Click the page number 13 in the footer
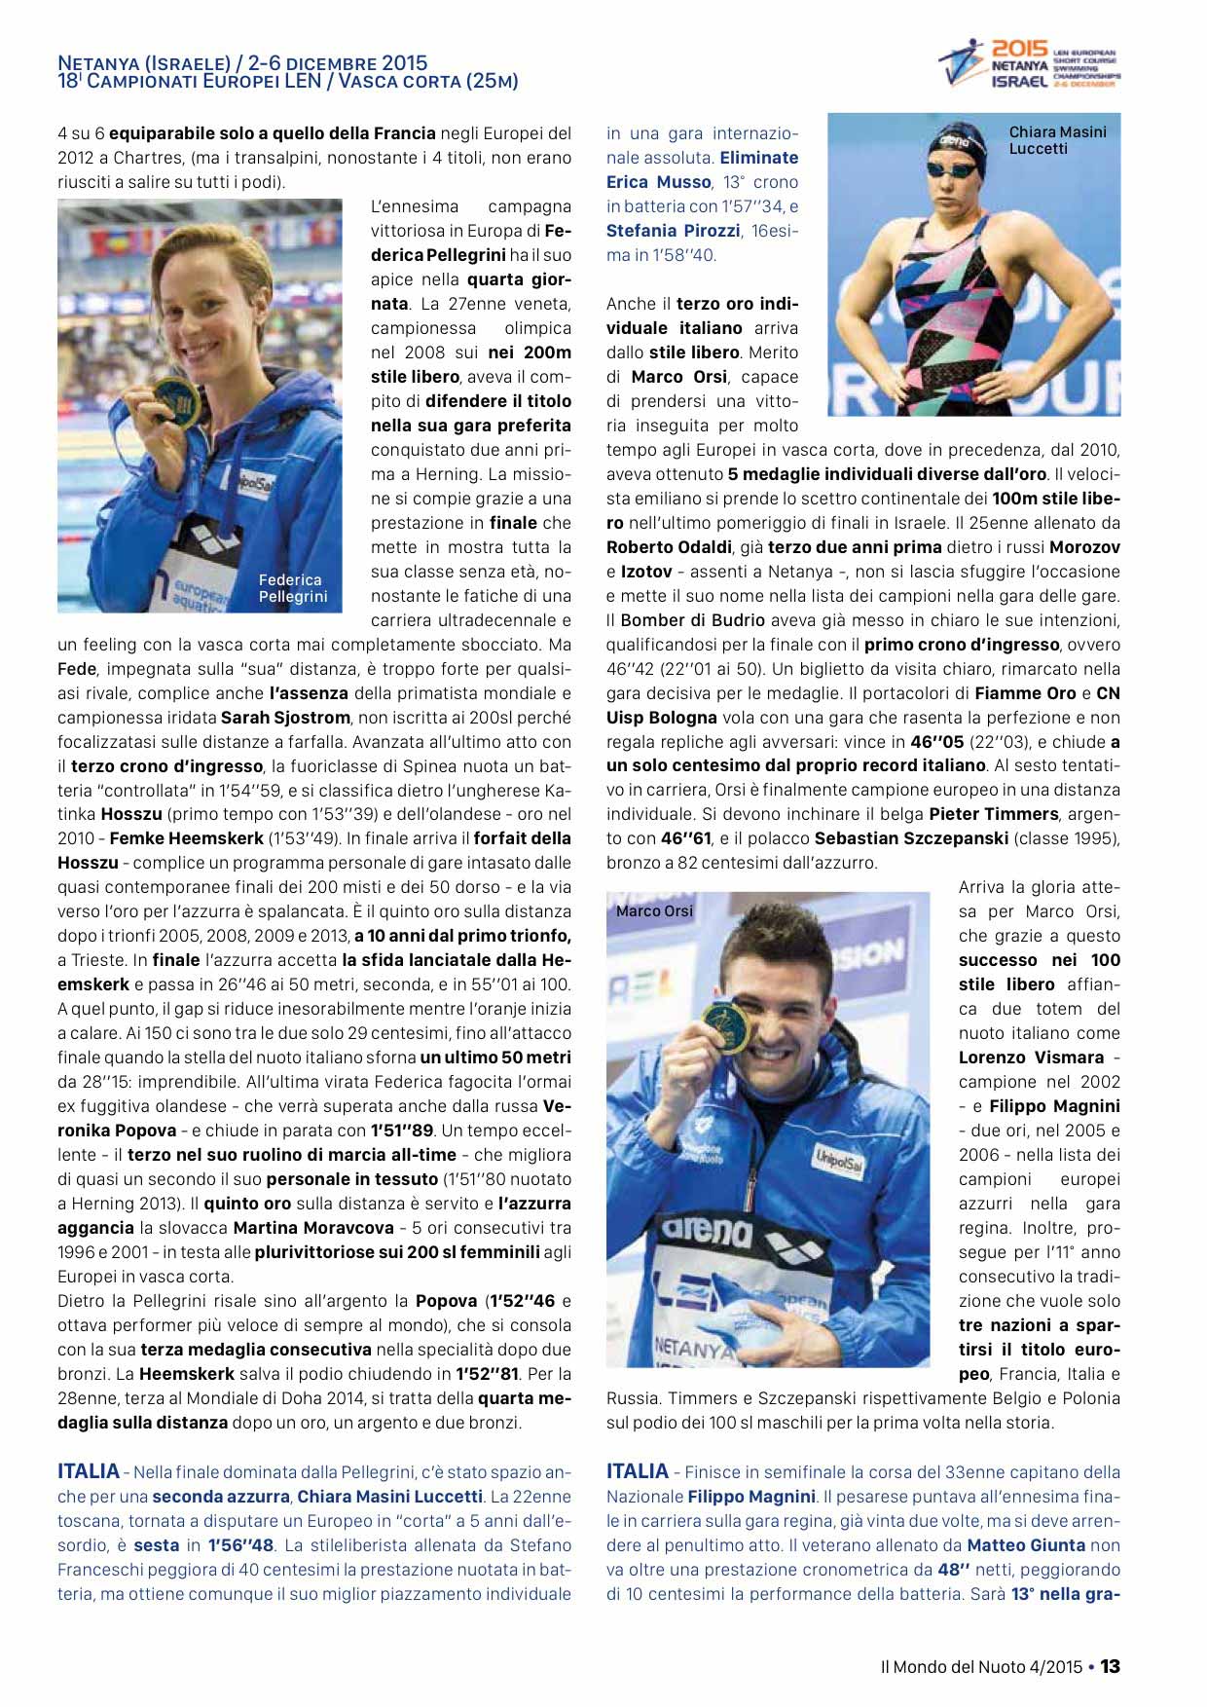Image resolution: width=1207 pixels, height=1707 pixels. tap(1110, 1666)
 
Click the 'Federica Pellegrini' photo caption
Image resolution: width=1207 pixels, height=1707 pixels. tap(292, 588)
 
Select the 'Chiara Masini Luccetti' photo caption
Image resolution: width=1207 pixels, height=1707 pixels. tap(1057, 140)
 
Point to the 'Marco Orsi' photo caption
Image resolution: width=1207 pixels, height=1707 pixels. tap(654, 911)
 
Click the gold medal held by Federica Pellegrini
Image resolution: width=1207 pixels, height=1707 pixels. tap(176, 401)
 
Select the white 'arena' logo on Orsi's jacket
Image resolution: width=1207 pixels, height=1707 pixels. tap(707, 1231)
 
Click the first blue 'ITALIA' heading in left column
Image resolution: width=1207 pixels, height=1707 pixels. tap(89, 1471)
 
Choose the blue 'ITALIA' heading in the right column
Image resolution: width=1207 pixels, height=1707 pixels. tap(638, 1471)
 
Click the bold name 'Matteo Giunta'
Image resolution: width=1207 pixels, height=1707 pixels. tap(1026, 1545)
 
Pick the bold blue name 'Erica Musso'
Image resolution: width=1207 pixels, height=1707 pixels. tap(658, 182)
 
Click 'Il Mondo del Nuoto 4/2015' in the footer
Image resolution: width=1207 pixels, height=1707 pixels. tap(981, 1667)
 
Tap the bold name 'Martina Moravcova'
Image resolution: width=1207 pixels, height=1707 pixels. tap(313, 1228)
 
